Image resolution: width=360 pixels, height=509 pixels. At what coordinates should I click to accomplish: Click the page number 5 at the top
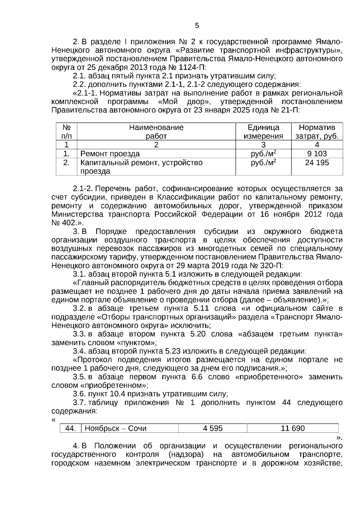[197, 26]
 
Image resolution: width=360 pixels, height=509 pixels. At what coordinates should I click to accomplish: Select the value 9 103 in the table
[317, 154]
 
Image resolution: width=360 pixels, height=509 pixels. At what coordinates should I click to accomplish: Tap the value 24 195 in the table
[317, 163]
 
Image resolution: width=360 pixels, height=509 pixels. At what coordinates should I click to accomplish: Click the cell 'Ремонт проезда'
[110, 154]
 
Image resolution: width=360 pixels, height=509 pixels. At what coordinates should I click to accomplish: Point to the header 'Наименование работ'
[156, 132]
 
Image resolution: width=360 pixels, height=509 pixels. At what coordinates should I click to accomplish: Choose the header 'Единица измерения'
[263, 132]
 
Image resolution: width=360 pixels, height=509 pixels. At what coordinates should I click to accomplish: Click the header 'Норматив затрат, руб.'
[317, 132]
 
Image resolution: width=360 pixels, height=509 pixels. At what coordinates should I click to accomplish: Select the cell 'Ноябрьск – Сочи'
[115, 428]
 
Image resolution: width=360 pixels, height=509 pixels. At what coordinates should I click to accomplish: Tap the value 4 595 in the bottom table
[213, 428]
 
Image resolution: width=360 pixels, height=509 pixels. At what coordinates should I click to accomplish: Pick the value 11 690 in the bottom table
[292, 428]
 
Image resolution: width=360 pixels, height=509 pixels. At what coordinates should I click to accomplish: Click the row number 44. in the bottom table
[70, 428]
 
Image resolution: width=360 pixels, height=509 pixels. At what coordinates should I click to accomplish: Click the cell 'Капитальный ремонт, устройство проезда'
[141, 167]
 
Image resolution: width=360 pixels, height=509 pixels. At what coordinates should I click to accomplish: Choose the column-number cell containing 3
[263, 145]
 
